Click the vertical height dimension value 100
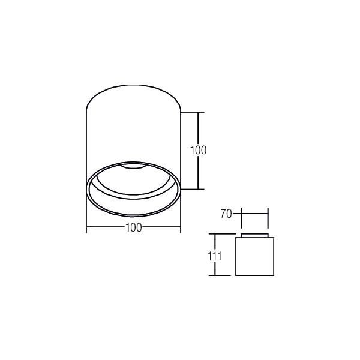(x=198, y=150)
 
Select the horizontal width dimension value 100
(x=134, y=228)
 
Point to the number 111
(x=215, y=256)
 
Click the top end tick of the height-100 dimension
(x=198, y=112)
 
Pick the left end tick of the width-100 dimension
(x=87, y=228)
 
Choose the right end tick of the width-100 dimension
(x=181, y=228)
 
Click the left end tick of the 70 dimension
(x=241, y=214)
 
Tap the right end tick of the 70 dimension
(x=268, y=214)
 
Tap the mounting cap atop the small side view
(x=254, y=235)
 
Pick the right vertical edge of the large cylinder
(x=180, y=144)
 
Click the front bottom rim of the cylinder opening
(x=133, y=214)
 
